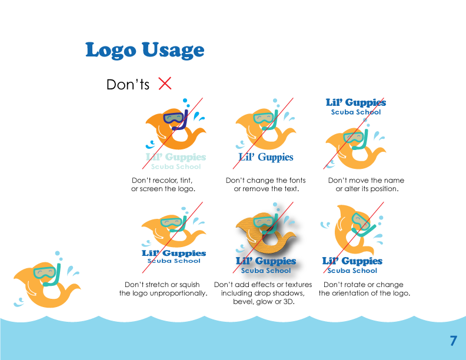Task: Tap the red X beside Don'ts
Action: coord(165,84)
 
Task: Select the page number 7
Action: coord(453,341)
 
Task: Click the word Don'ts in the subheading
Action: coord(128,85)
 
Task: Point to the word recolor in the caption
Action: coord(169,180)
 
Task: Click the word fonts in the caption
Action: coord(291,180)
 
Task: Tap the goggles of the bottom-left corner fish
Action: coord(44,272)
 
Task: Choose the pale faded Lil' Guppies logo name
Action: coord(176,157)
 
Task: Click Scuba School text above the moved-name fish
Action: coord(356,112)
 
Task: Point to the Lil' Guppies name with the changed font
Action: coord(265,157)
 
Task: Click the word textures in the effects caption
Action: coord(293,285)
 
